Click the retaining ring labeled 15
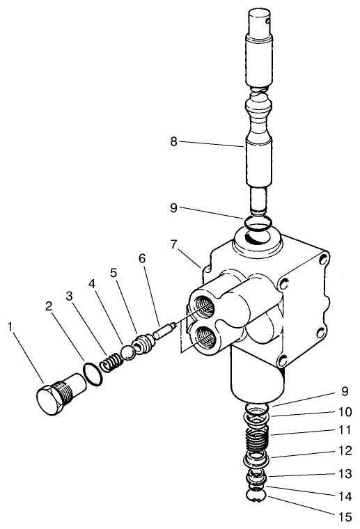coord(256,496)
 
